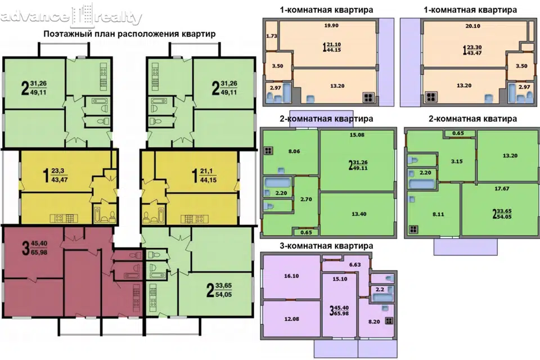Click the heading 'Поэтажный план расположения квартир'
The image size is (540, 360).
tap(129, 34)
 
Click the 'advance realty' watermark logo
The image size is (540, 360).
tap(71, 15)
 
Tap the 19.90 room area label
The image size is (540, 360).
tap(331, 25)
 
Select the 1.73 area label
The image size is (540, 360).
tap(271, 36)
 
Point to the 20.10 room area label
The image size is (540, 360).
tap(472, 26)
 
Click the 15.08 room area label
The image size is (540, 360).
tap(357, 134)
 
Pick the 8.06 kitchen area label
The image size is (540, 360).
tap(294, 151)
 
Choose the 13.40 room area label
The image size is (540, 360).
tap(359, 214)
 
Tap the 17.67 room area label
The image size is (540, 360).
tap(502, 188)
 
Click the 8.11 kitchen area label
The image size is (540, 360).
tap(438, 214)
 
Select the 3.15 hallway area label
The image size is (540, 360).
tap(457, 161)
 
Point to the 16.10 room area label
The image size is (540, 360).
tap(291, 276)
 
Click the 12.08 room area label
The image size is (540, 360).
tap(291, 319)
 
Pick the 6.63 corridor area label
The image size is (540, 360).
tap(355, 264)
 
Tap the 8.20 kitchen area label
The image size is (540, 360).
tap(374, 321)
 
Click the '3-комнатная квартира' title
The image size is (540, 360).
tap(326, 246)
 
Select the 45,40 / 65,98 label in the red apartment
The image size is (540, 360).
tap(34, 247)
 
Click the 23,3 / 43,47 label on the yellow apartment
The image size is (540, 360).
tap(55, 175)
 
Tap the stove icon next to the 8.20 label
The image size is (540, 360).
tap(389, 321)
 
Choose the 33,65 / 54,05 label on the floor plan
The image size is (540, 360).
tap(219, 290)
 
